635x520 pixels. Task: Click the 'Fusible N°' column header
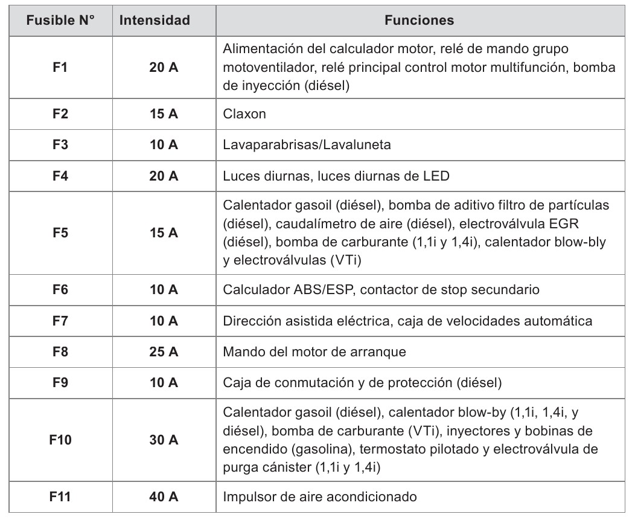tap(60, 21)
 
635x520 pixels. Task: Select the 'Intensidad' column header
tap(155, 21)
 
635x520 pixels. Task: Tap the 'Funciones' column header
tap(419, 21)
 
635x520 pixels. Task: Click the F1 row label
tap(60, 68)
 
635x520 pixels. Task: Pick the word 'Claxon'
tap(244, 114)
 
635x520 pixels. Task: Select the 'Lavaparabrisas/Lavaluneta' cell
tap(307, 145)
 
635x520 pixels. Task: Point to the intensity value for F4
tap(164, 176)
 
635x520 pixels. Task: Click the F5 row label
tap(60, 233)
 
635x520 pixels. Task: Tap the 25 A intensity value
tap(164, 351)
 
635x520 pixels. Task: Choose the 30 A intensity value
tap(164, 440)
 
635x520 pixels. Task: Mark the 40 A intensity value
tap(164, 498)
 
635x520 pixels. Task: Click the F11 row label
tap(60, 498)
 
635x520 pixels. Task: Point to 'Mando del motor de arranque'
tap(314, 351)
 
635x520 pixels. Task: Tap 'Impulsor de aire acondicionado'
tap(320, 498)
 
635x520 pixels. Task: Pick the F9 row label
tap(60, 382)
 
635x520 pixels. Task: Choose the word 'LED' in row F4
tap(437, 176)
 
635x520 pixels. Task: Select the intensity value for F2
tap(164, 114)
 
